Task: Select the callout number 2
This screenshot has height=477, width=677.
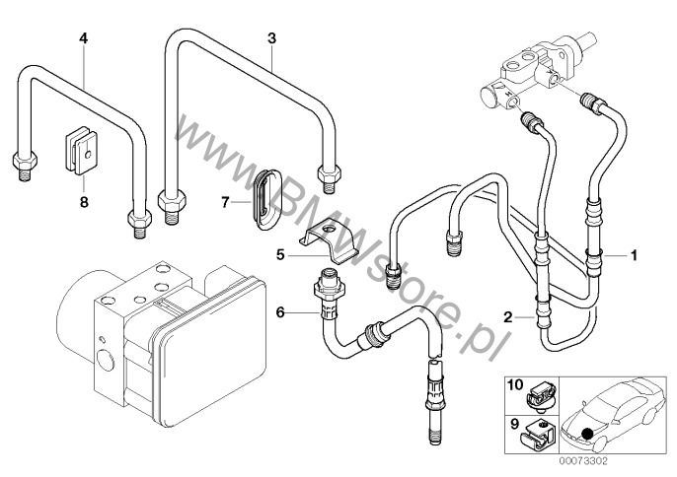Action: pyautogui.click(x=507, y=317)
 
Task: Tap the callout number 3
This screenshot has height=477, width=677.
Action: pyautogui.click(x=270, y=38)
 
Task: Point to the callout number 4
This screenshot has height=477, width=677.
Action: pyautogui.click(x=84, y=38)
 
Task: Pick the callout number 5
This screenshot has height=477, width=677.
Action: pyautogui.click(x=280, y=253)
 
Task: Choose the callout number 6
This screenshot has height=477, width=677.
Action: pyautogui.click(x=280, y=312)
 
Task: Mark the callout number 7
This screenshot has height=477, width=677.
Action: pyautogui.click(x=225, y=201)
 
